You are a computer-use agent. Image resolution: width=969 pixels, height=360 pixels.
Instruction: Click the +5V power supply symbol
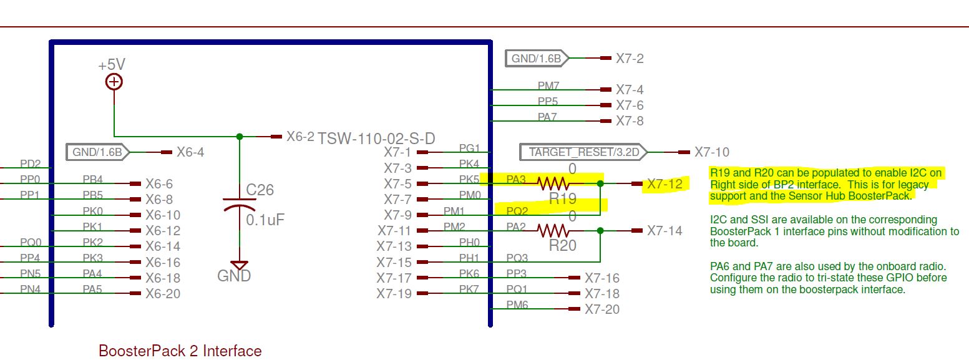pos(114,82)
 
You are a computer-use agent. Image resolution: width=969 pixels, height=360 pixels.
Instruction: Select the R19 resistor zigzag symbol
pos(553,183)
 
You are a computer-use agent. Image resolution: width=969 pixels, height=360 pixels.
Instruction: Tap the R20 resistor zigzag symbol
pos(553,231)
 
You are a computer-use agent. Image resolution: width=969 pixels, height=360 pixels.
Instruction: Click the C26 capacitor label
pos(260,190)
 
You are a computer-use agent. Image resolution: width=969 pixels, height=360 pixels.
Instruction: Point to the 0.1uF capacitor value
pos(265,220)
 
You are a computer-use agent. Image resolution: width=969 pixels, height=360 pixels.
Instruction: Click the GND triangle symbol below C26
pos(239,265)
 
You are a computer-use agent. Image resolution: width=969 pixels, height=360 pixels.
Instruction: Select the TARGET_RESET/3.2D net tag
pos(583,152)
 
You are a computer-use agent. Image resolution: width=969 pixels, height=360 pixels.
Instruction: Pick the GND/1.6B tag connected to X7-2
pos(537,59)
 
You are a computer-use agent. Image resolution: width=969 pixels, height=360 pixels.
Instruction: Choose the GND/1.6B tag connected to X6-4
pos(97,152)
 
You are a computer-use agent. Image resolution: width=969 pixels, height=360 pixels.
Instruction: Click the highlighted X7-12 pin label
pos(665,184)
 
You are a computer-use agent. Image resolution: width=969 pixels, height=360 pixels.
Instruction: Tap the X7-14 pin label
pos(665,231)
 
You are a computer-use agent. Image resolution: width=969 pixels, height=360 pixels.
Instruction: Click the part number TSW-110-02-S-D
pos(376,139)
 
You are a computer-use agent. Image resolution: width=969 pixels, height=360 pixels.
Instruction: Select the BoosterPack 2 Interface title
pos(180,351)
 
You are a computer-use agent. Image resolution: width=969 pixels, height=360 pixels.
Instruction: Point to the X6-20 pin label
pos(163,293)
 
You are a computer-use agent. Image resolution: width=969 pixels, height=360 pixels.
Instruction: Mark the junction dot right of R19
pos(600,183)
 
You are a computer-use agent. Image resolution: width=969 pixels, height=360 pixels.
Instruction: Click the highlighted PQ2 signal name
pos(517,211)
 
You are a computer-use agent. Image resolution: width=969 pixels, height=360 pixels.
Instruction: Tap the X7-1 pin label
pos(397,152)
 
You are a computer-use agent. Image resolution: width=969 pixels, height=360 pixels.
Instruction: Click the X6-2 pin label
pos(300,137)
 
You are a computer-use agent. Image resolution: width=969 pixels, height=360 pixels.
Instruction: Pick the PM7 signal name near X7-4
pos(548,85)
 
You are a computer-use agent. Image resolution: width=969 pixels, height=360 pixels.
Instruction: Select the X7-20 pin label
pos(602,309)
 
